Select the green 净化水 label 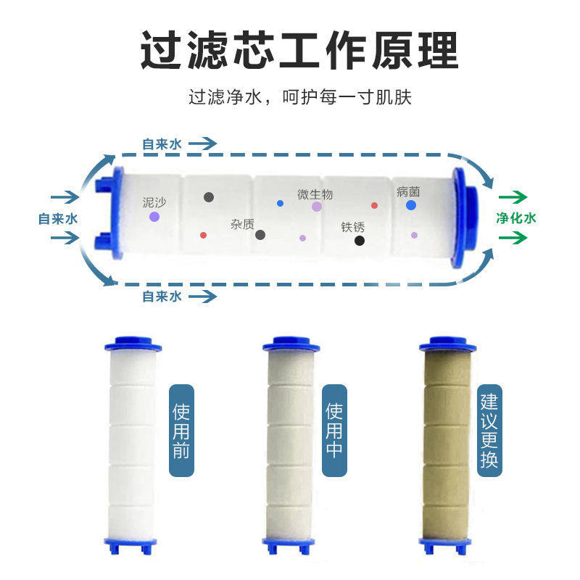pyautogui.click(x=515, y=217)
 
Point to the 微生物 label pyautogui.click(x=315, y=194)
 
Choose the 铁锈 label pyautogui.click(x=353, y=227)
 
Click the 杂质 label pyautogui.click(x=242, y=225)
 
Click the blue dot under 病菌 pyautogui.click(x=411, y=205)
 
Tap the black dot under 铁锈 pyautogui.click(x=360, y=240)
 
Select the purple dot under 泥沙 pyautogui.click(x=154, y=216)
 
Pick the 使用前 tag pyautogui.click(x=181, y=430)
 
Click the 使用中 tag pyautogui.click(x=334, y=430)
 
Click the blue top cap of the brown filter pyautogui.click(x=447, y=344)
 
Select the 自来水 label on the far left pyautogui.click(x=58, y=217)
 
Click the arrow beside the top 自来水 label pyautogui.click(x=204, y=144)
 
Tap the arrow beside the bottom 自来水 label pyautogui.click(x=204, y=296)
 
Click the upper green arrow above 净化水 pyautogui.click(x=513, y=196)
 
